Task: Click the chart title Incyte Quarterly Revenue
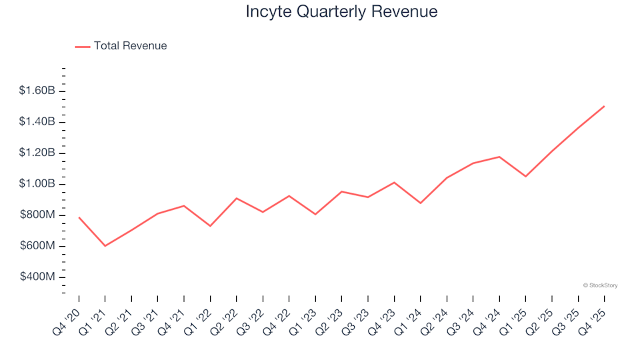click(341, 12)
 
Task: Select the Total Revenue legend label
click(130, 46)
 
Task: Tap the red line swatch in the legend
click(83, 47)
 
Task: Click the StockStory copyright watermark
click(600, 285)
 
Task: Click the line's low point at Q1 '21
click(105, 246)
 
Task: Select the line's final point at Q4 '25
click(604, 106)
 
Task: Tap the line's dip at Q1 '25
click(525, 177)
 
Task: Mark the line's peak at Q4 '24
click(499, 157)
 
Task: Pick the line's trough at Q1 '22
click(210, 226)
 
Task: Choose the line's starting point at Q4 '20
click(79, 217)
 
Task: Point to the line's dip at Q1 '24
click(420, 203)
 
